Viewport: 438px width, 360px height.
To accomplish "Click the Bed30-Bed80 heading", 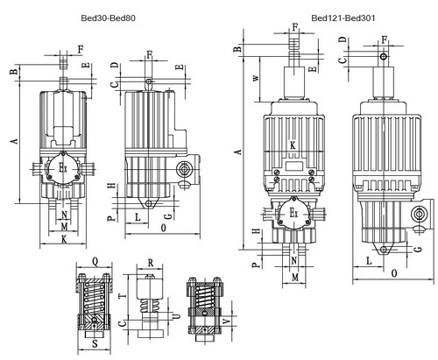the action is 108,18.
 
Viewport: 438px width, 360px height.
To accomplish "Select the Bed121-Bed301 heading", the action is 343,18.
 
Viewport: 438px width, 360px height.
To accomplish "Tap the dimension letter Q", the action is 95,262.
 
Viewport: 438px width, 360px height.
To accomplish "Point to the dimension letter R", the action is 151,263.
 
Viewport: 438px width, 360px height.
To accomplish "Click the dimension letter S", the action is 95,344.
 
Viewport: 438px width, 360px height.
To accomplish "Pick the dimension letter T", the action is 124,296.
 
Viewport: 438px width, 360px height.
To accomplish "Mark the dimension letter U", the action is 176,316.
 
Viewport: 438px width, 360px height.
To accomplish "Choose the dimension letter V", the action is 227,321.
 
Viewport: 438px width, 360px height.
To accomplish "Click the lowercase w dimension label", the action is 256,78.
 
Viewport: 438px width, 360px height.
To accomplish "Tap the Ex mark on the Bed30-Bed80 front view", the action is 63,167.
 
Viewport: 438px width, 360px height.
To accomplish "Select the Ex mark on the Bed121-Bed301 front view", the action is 293,212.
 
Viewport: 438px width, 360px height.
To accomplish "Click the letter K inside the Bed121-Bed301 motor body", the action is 293,145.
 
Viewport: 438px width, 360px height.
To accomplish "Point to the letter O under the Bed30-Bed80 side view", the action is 163,228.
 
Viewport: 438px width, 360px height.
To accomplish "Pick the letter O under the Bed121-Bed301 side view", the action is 394,273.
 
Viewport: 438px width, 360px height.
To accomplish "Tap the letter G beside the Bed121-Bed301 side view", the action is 419,249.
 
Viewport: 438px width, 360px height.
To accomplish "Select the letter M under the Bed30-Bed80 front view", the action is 64,226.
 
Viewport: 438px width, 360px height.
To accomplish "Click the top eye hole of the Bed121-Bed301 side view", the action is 384,56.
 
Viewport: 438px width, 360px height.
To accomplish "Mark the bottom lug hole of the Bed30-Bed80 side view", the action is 149,203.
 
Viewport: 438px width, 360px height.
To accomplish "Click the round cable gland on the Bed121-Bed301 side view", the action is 420,214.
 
